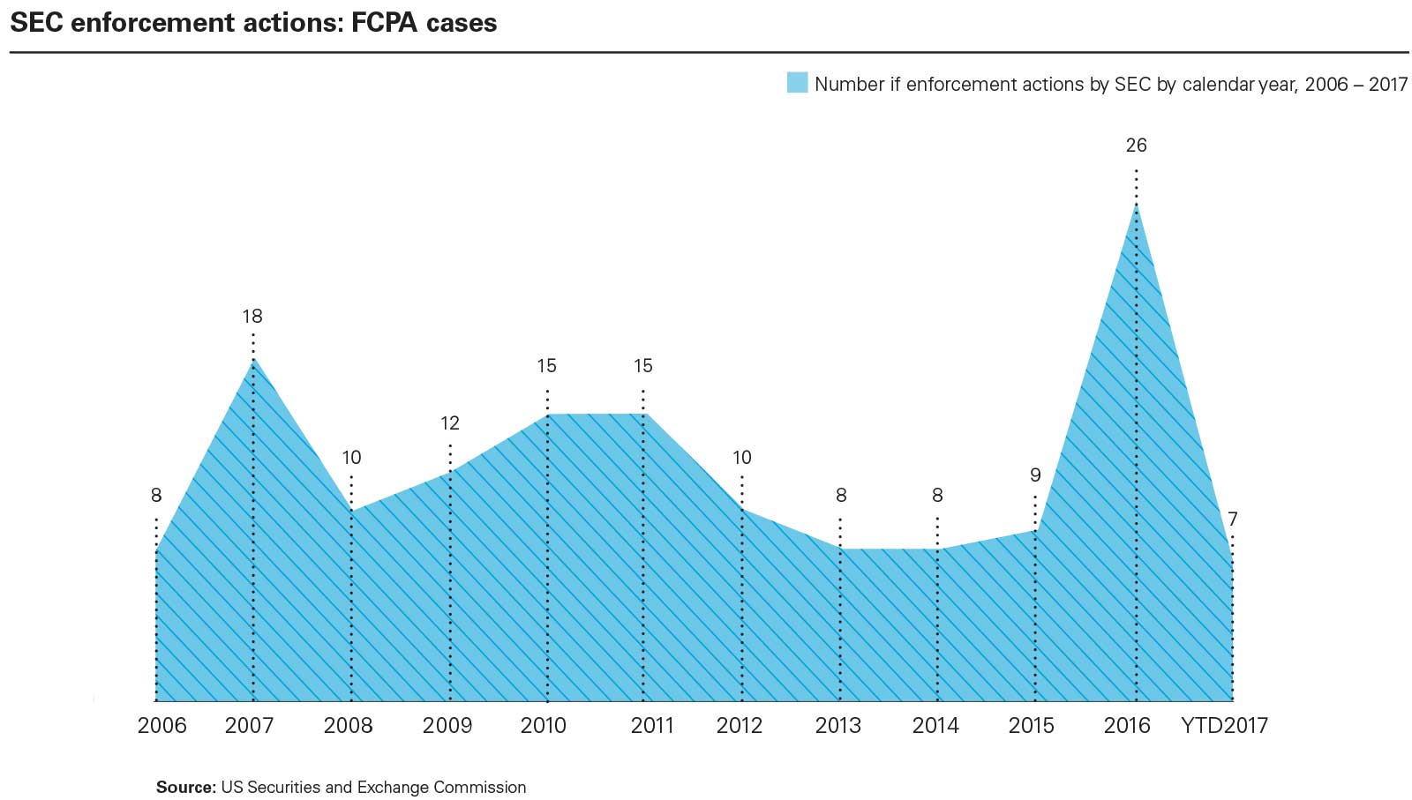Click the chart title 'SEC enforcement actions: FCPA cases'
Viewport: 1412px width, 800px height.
tap(253, 23)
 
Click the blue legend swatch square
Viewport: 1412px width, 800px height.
tap(797, 83)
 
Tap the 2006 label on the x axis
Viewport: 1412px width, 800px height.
tap(162, 726)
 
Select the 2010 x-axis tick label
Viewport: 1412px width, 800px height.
tap(544, 726)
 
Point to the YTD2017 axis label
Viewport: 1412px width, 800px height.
tap(1224, 726)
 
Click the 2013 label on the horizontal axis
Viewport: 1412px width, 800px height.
tap(838, 726)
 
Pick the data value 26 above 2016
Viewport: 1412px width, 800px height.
tap(1136, 146)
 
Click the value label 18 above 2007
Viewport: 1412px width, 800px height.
tap(252, 317)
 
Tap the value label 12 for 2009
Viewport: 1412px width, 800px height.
tap(450, 423)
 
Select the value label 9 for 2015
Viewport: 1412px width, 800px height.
tap(1035, 475)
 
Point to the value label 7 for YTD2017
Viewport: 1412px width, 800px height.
tap(1232, 520)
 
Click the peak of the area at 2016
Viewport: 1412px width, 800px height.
tap(1136, 205)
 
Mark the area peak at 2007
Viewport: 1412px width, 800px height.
tap(253, 359)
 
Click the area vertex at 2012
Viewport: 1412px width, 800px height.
tap(742, 510)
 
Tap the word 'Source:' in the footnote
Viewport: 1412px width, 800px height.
tap(185, 788)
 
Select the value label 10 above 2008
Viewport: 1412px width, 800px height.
tap(351, 458)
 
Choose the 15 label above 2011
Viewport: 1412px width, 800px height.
tap(642, 366)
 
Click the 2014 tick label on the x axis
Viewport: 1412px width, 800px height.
tap(935, 726)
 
